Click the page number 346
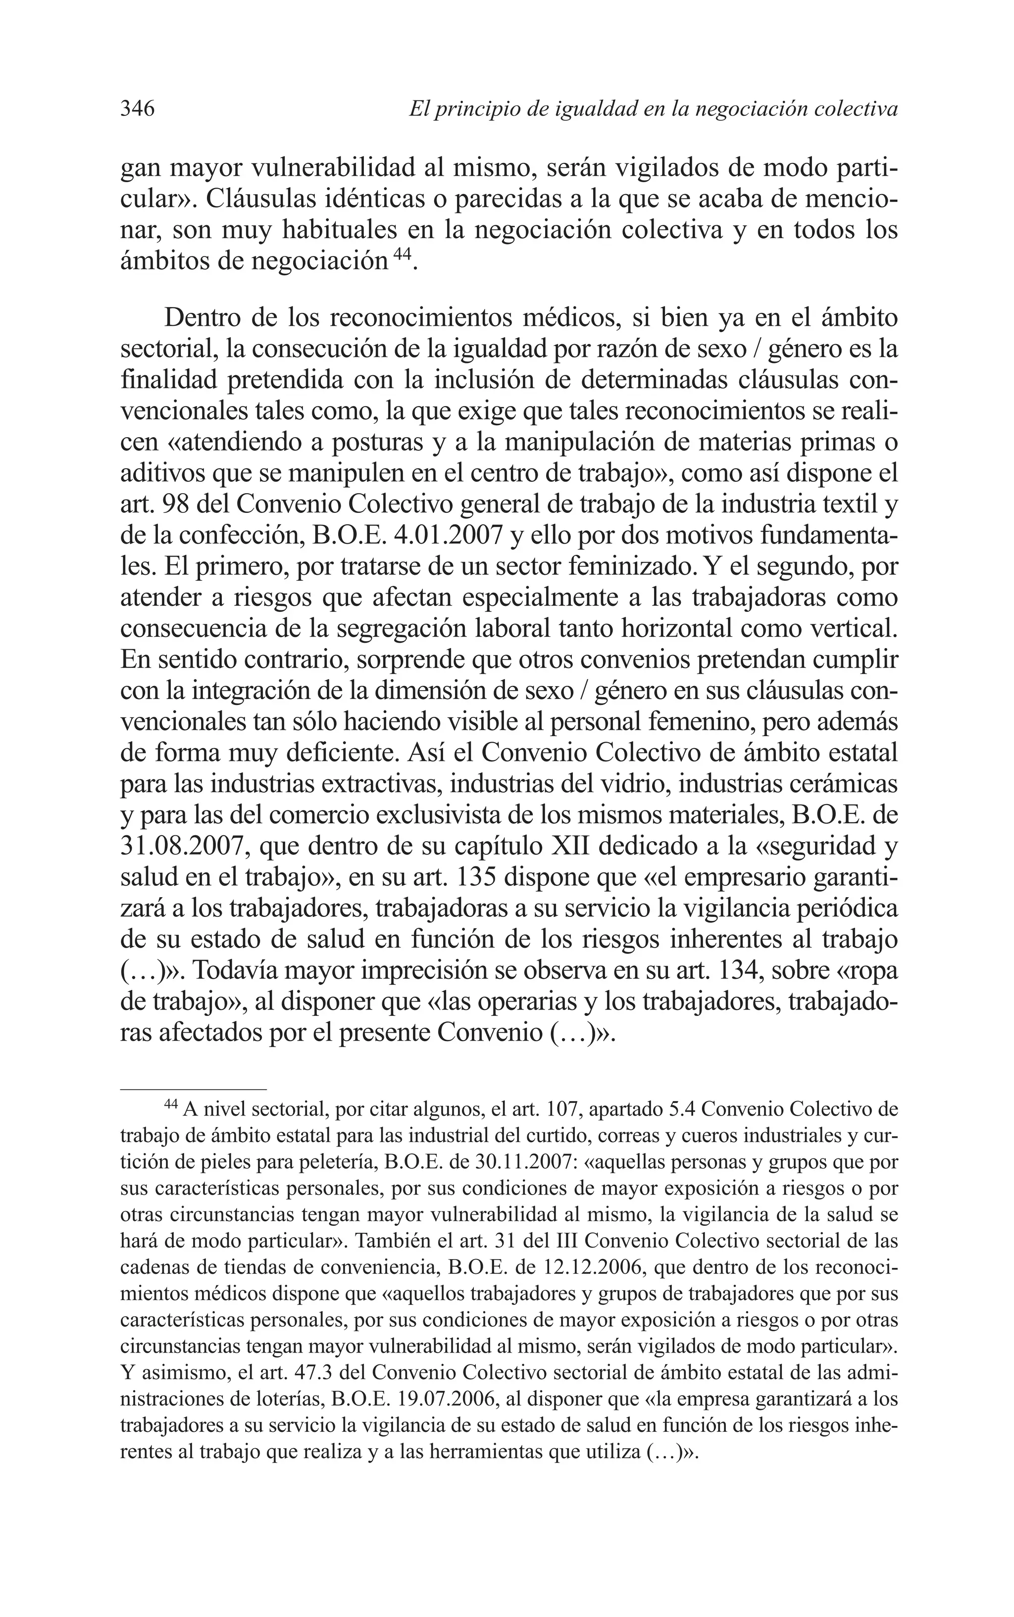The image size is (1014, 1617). point(138,108)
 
